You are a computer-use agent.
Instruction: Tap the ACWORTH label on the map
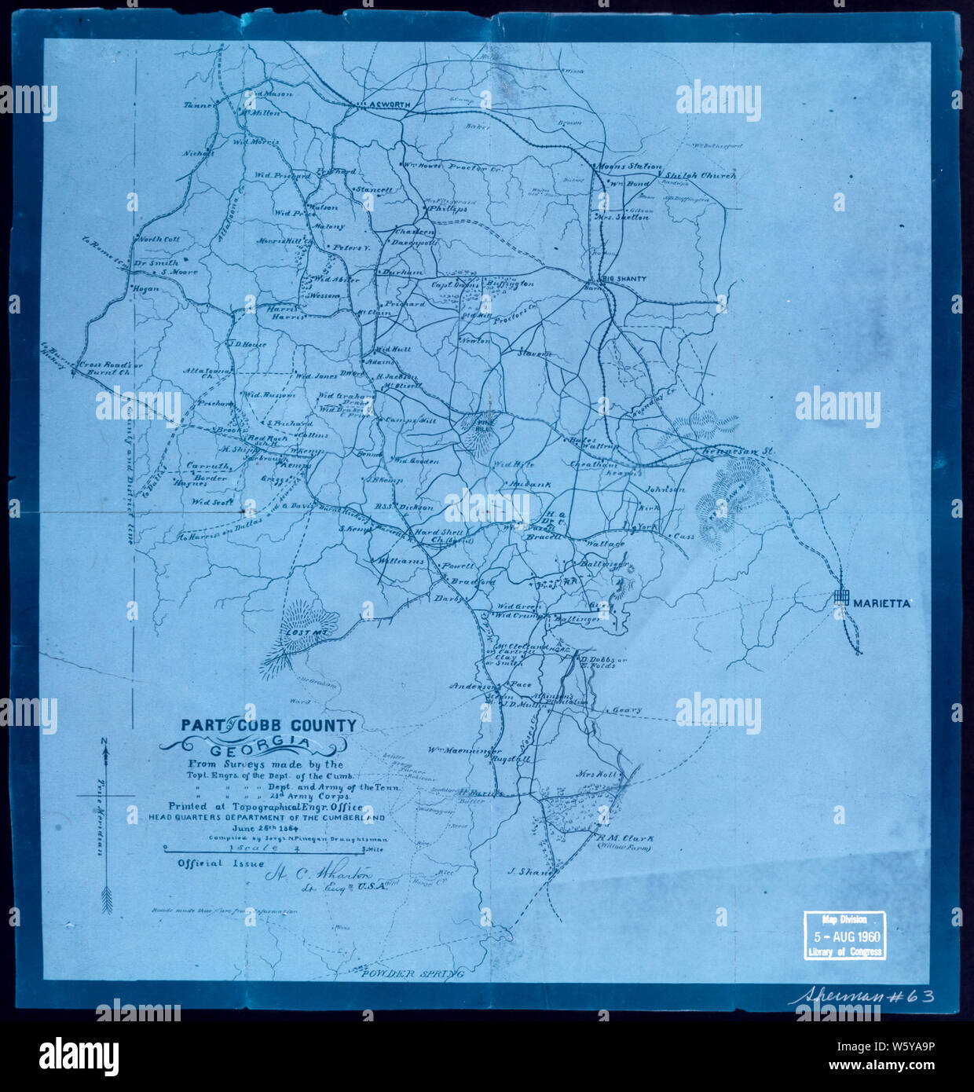(x=389, y=104)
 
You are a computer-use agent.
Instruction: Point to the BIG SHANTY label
(x=624, y=279)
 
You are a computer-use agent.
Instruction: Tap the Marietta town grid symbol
(x=842, y=598)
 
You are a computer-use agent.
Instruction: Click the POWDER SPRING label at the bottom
(x=412, y=973)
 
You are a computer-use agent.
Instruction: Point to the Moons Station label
(x=629, y=167)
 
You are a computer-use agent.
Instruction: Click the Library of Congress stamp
(x=844, y=936)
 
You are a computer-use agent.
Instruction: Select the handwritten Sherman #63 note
(x=861, y=996)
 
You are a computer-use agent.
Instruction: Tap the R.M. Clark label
(x=624, y=839)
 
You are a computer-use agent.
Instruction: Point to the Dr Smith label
(x=155, y=263)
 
